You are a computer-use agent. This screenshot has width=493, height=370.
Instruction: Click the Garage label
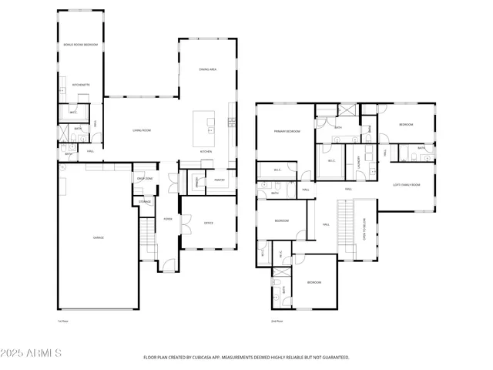(x=99, y=237)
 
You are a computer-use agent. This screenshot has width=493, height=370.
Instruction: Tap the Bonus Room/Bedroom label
(x=80, y=45)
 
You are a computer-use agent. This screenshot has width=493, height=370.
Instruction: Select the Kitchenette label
(x=81, y=84)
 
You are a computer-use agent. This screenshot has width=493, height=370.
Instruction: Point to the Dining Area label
(x=207, y=69)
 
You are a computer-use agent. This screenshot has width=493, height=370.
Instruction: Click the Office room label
(x=208, y=223)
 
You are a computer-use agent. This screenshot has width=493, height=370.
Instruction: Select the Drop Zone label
(x=145, y=179)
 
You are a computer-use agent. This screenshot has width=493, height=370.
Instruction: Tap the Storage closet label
(x=145, y=202)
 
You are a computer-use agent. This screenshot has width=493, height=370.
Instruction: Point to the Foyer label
(x=167, y=219)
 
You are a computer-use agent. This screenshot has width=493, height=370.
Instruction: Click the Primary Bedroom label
(x=286, y=132)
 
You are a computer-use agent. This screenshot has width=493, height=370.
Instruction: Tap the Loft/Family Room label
(x=406, y=185)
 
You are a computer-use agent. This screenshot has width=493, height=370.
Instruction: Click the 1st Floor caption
(x=63, y=321)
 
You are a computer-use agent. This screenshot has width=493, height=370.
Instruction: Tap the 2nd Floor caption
(x=277, y=321)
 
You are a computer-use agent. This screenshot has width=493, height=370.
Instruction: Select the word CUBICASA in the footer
(x=203, y=358)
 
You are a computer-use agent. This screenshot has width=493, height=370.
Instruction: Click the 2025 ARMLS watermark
(x=32, y=353)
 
